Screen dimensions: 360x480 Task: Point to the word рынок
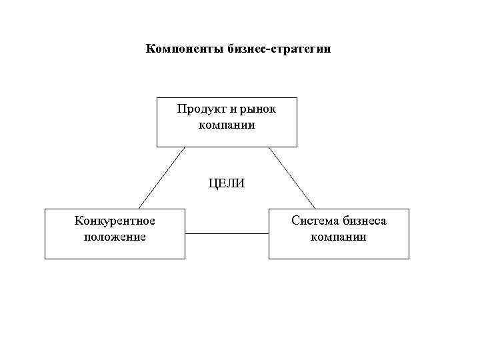pyautogui.click(x=256, y=109)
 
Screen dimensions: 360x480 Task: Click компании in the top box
pyautogui.click(x=227, y=124)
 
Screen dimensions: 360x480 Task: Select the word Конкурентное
pyautogui.click(x=115, y=221)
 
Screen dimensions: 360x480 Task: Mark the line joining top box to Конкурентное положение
pyautogui.click(x=161, y=177)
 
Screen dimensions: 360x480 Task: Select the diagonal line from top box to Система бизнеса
pyautogui.click(x=292, y=177)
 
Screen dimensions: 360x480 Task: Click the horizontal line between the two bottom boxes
pyautogui.click(x=227, y=233)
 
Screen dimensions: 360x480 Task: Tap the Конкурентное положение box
pyautogui.click(x=115, y=250)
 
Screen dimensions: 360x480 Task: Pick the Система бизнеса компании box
pyautogui.click(x=339, y=250)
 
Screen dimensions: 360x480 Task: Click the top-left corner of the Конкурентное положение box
pyautogui.click(x=45, y=209)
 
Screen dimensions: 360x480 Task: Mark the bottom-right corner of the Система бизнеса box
pyautogui.click(x=409, y=258)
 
